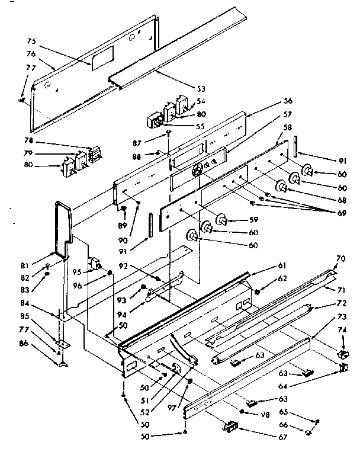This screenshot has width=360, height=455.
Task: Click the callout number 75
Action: click(x=31, y=41)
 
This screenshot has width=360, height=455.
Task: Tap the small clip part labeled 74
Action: click(x=341, y=353)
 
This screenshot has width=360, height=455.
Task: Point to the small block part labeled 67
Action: click(x=230, y=425)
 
